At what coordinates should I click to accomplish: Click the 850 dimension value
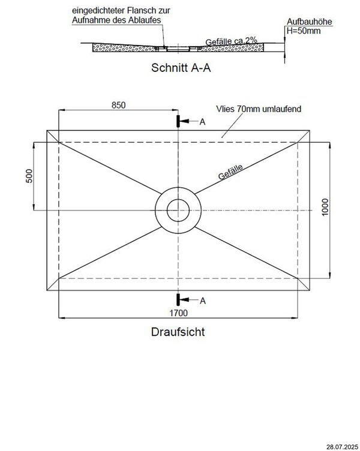118,106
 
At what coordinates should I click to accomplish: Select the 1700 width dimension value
178,312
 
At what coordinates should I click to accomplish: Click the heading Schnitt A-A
181,68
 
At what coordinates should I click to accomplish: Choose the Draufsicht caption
178,331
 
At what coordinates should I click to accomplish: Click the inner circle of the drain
178,211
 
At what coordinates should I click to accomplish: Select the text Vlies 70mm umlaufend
258,109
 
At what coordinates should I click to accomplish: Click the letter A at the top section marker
202,122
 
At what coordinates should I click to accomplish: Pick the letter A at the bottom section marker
202,300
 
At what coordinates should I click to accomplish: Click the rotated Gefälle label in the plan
231,173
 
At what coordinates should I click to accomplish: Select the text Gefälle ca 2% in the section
231,40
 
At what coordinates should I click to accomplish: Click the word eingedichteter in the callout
97,11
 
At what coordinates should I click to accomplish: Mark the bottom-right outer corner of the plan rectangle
310,291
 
